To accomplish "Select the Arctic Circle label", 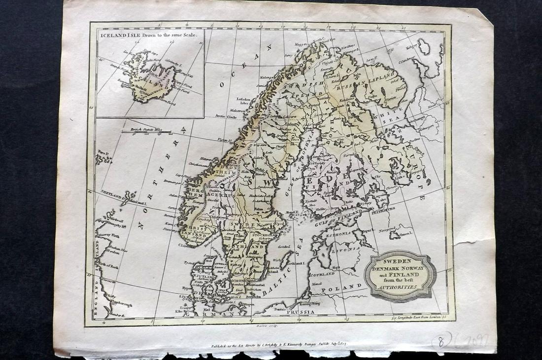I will pos(227,116).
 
